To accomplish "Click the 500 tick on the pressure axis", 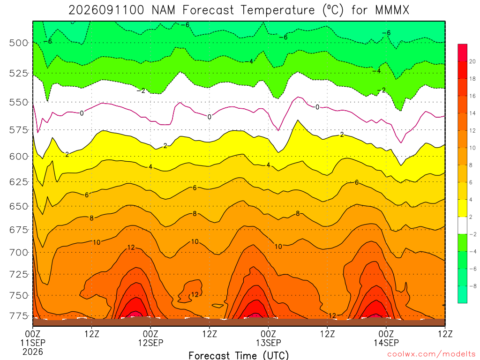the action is pos(19,43).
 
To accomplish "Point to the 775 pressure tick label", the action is pos(19,315).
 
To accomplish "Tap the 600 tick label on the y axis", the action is pos(19,157).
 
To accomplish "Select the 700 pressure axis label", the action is pos(19,253).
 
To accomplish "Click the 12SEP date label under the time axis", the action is pos(150,343).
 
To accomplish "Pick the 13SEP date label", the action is pos(269,343).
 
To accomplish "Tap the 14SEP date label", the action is pos(386,343).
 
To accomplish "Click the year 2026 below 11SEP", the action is pos(33,352).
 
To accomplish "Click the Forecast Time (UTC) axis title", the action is pos(239,355).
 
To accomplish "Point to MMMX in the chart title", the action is pos(392,10).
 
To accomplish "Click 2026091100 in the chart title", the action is pos(106,10).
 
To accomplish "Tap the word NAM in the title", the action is pos(164,10).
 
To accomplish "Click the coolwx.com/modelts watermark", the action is pos(432,354).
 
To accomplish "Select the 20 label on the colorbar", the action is pos(472,61).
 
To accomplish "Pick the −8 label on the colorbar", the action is pos(472,286).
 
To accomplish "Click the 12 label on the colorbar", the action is pos(472,131).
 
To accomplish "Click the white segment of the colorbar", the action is pos(463,225).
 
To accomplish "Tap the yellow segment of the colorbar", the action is pos(463,208).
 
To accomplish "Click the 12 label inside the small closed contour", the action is pos(195,294).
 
